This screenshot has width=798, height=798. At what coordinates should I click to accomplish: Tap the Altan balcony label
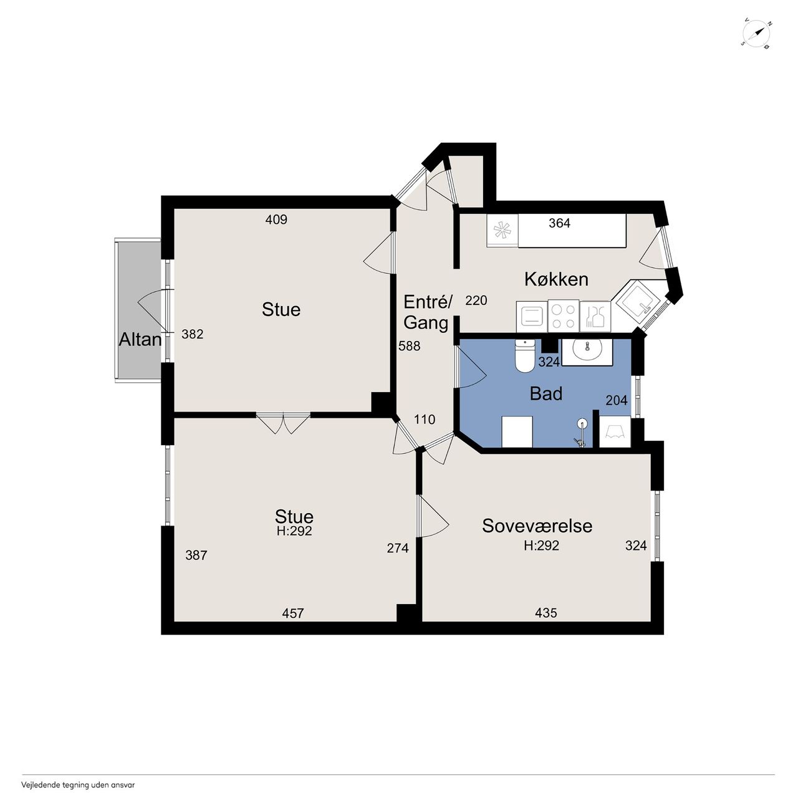(x=140, y=340)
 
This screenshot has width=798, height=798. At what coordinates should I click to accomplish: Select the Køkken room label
(x=556, y=279)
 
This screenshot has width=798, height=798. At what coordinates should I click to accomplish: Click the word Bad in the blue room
(x=546, y=394)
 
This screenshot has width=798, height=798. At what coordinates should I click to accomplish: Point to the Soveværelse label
(x=537, y=526)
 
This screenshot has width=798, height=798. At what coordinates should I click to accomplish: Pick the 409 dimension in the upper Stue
(x=276, y=219)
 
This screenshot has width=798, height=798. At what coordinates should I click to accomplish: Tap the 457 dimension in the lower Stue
(x=293, y=613)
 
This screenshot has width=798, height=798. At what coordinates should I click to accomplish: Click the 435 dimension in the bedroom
(x=546, y=612)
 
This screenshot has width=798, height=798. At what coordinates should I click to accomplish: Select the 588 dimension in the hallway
(x=409, y=346)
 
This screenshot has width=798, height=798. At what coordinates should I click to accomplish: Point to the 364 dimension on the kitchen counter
(x=559, y=223)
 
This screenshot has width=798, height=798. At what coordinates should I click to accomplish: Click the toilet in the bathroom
(x=524, y=356)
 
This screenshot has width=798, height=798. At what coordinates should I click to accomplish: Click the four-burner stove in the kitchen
(x=563, y=316)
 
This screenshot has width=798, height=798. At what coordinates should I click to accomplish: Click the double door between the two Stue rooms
(x=283, y=423)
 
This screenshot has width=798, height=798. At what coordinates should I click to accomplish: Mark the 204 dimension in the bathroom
(x=616, y=400)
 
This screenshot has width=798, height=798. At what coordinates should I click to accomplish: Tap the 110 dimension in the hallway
(x=425, y=420)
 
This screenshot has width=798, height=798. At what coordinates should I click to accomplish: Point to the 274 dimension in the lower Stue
(x=398, y=548)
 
